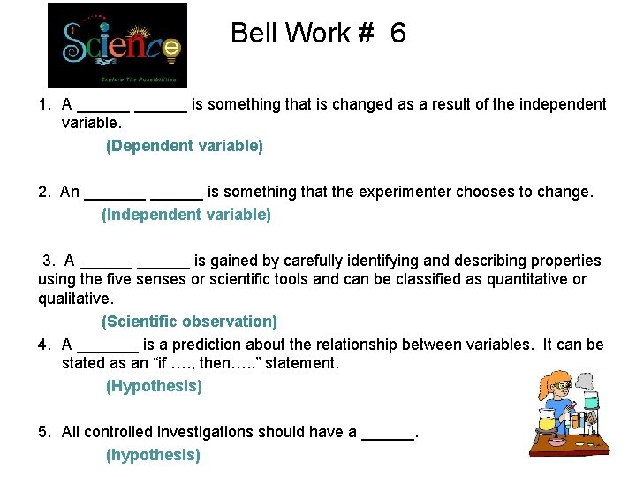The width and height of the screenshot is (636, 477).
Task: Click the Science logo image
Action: coord(117,44)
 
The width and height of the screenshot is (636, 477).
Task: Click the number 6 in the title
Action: coord(397,34)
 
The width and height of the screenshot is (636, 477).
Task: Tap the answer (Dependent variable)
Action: coord(185,146)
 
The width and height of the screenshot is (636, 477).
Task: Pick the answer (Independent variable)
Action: coord(186,215)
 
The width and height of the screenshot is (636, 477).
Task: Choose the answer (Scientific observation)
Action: coord(189,322)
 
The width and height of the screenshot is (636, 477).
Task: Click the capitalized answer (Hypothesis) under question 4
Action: coord(154,386)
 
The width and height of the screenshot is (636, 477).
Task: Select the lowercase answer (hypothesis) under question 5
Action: coord(153,455)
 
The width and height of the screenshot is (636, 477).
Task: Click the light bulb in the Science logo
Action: coord(173,51)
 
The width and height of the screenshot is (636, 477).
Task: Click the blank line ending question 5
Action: coord(388,433)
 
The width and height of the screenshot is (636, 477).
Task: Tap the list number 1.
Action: coord(44,104)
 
